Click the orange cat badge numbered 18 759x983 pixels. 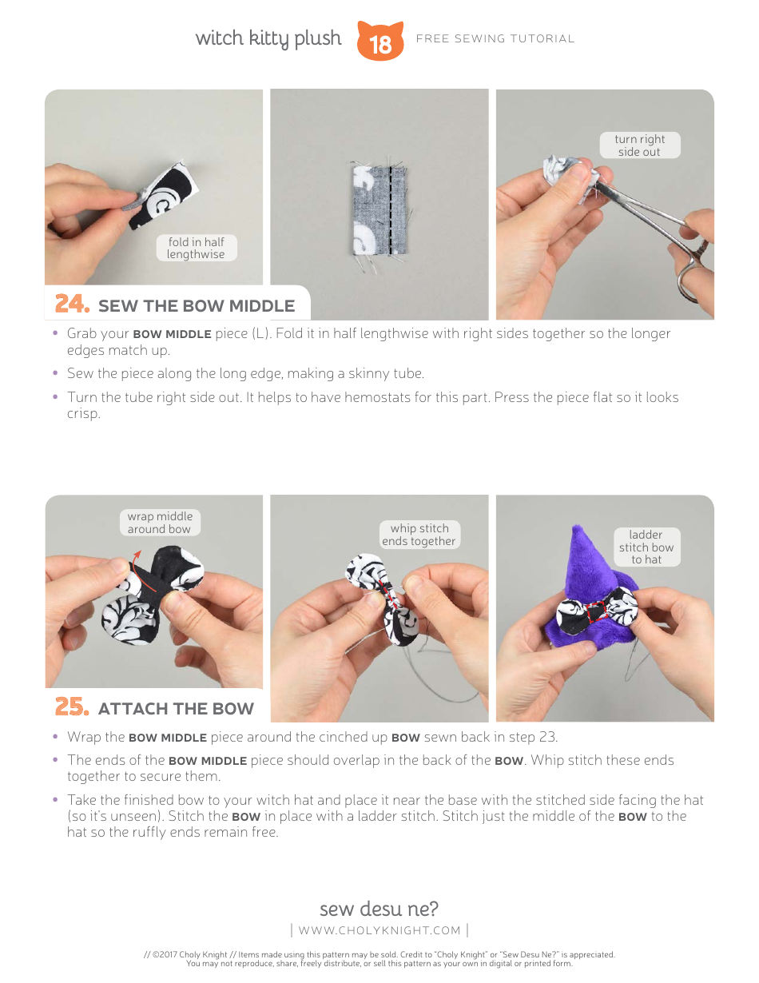coord(380,42)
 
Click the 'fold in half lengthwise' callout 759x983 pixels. coord(196,248)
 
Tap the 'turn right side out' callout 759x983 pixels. coord(639,145)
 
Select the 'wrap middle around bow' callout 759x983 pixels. coord(160,523)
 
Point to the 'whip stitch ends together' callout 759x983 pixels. coord(419,535)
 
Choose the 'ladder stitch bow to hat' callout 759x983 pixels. coord(646,547)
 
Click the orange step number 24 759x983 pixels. coord(72,304)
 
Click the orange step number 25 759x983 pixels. coord(72,707)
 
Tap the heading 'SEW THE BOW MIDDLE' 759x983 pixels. coord(197,306)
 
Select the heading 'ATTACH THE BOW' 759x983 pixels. coord(176,709)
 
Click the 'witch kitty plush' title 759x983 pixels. coord(268,38)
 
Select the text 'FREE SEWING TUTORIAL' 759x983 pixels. coord(495,38)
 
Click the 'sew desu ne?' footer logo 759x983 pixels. coord(379,909)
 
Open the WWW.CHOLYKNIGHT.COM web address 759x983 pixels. coord(379,930)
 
